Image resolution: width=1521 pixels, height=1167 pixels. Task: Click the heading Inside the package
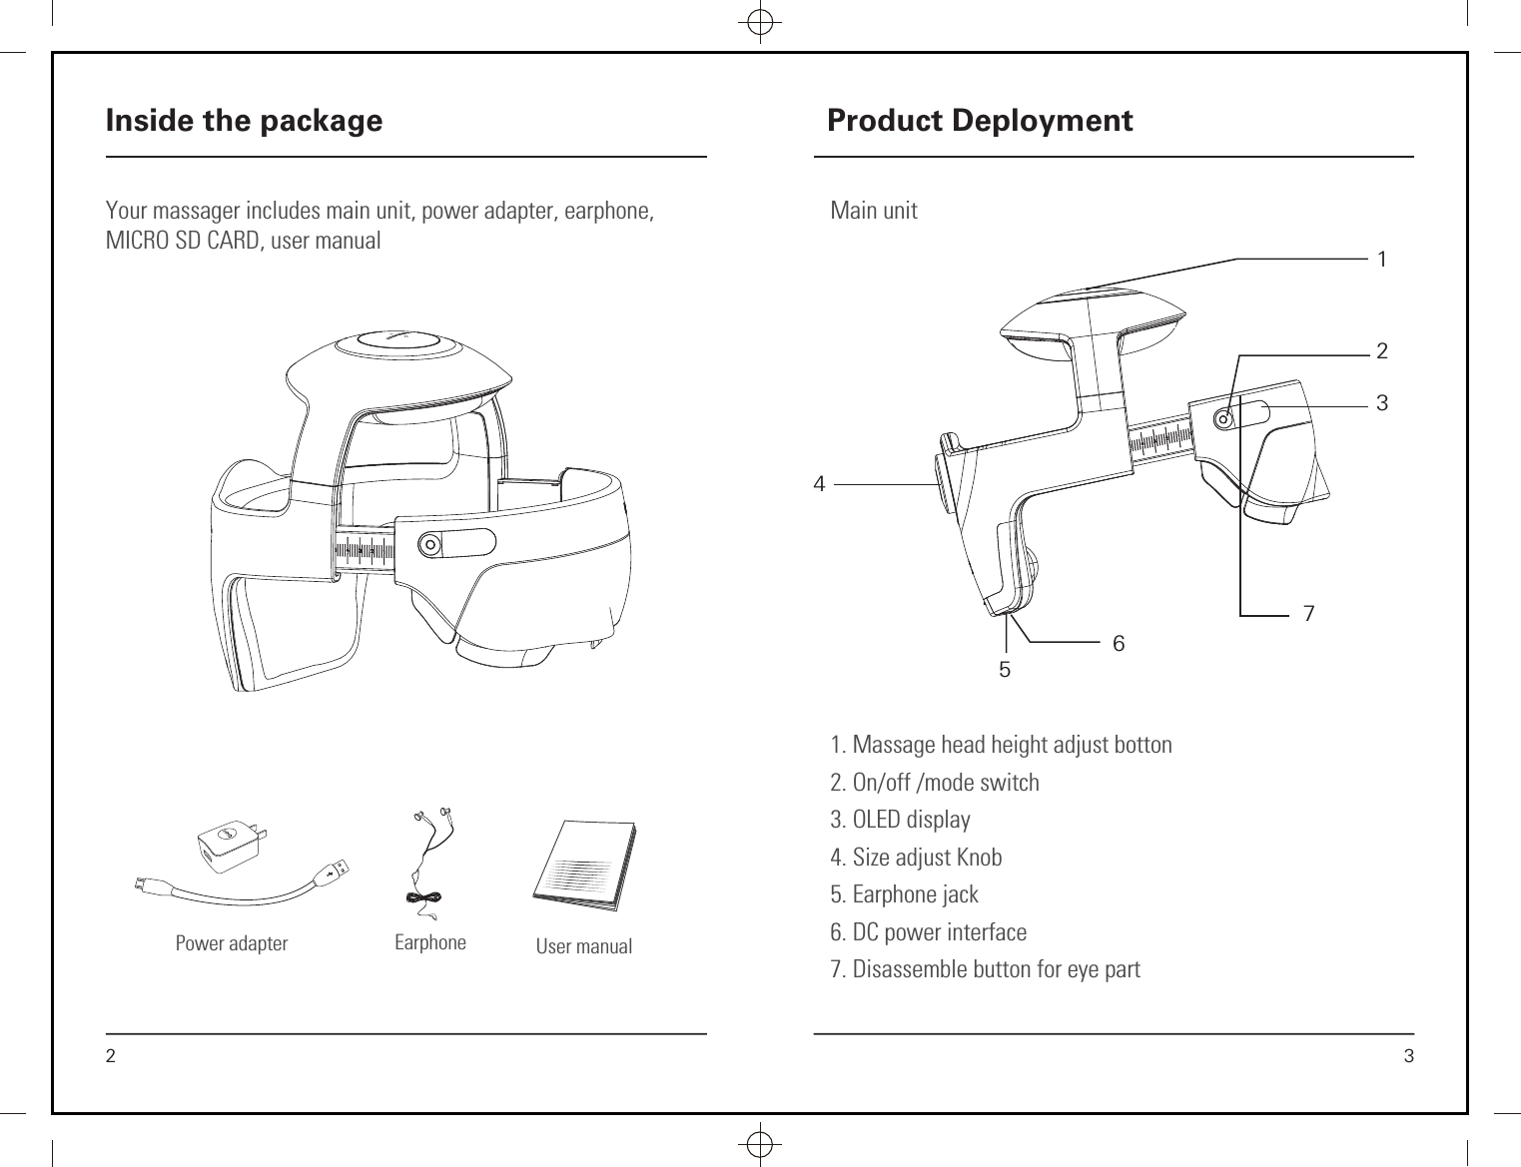pyautogui.click(x=244, y=121)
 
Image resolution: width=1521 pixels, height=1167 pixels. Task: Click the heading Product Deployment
pyautogui.click(x=980, y=121)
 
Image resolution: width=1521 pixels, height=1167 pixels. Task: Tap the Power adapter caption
pyautogui.click(x=231, y=943)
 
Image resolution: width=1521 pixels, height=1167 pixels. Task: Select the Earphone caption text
pyautogui.click(x=429, y=942)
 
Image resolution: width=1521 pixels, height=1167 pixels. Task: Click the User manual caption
pyautogui.click(x=583, y=946)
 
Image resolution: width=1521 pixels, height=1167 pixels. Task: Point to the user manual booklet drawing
pyautogui.click(x=585, y=865)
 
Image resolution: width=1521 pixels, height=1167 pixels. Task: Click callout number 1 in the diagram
pyautogui.click(x=1381, y=260)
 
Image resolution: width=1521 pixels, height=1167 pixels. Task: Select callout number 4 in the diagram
pyautogui.click(x=820, y=485)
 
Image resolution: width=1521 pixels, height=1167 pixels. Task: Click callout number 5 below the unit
pyautogui.click(x=1005, y=670)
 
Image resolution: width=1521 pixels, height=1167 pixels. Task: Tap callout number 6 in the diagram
pyautogui.click(x=1119, y=645)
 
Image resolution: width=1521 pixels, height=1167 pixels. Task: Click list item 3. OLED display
pyautogui.click(x=900, y=820)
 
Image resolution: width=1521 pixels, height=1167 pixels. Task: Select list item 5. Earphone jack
pyautogui.click(x=904, y=894)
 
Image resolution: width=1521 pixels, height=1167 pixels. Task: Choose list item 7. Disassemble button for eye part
pyautogui.click(x=985, y=969)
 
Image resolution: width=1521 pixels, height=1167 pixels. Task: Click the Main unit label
pyautogui.click(x=874, y=211)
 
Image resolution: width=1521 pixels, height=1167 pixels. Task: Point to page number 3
pyautogui.click(x=1408, y=1057)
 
